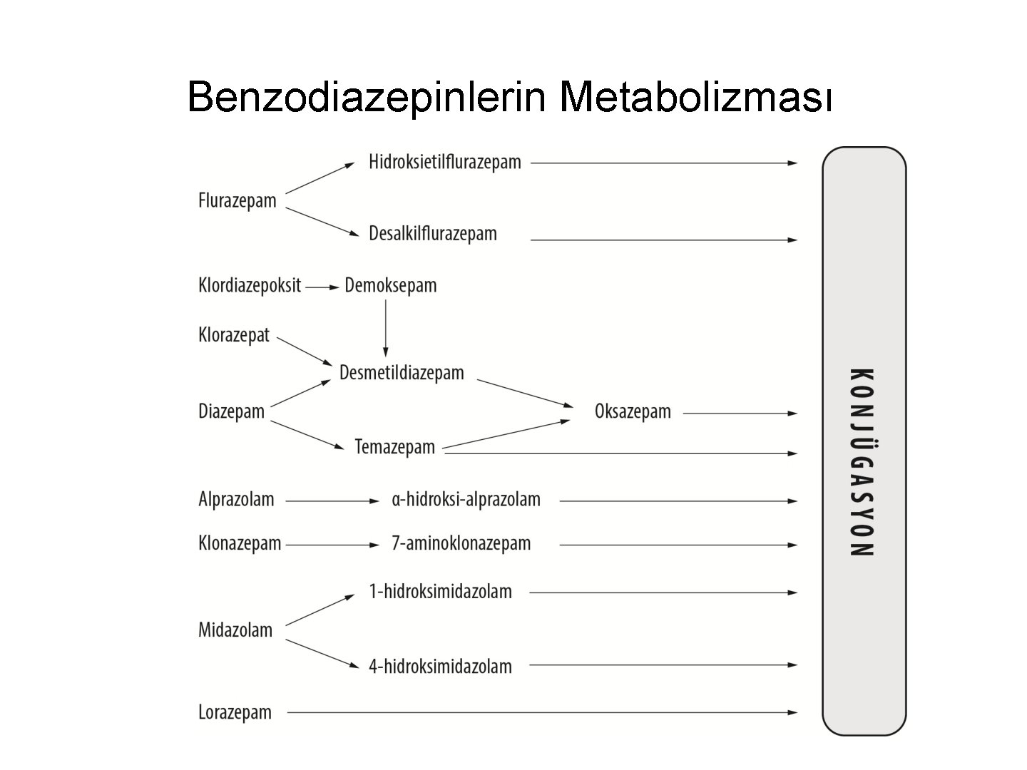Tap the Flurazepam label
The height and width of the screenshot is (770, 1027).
(237, 201)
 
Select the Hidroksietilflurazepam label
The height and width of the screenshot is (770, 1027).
(444, 163)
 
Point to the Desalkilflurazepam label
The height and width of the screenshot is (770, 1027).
(432, 234)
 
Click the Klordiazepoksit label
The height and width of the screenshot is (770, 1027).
(249, 287)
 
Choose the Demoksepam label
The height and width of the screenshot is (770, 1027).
(390, 286)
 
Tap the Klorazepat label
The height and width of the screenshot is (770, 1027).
(233, 335)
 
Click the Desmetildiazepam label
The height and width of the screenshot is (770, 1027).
(402, 373)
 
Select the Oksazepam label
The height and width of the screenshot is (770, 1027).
(633, 412)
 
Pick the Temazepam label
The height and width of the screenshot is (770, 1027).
(394, 447)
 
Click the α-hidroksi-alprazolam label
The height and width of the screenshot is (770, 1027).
(466, 499)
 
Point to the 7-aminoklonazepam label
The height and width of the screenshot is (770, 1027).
(461, 543)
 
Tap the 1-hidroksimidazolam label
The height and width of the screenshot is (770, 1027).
(440, 592)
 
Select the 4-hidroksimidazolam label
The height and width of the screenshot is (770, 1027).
(440, 667)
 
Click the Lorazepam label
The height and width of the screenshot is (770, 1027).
(235, 712)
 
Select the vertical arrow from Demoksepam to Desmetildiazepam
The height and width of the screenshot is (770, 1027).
(386, 328)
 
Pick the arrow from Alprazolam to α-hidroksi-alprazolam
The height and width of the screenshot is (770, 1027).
(332, 501)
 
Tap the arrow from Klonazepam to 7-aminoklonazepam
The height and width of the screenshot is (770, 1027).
(332, 545)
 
